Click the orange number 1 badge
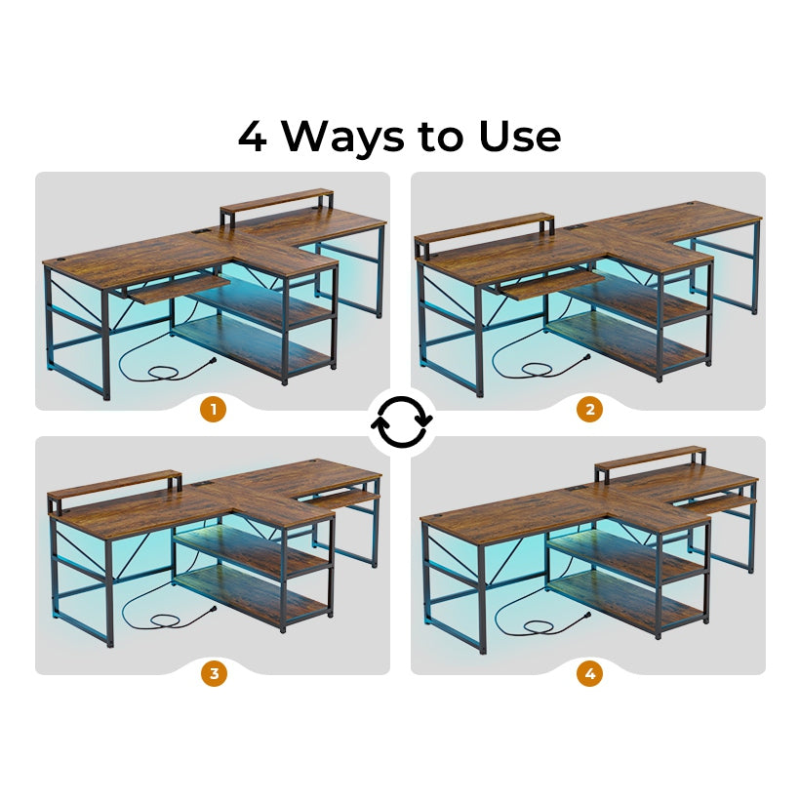tap(214, 409)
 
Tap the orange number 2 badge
tap(590, 409)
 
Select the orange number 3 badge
tap(214, 673)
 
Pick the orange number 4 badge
tap(590, 673)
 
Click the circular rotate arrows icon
tap(402, 421)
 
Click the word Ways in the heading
tap(343, 137)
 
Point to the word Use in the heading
tap(520, 137)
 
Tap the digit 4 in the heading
tap(253, 137)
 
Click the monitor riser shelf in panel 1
tap(277, 202)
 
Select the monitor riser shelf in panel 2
tap(484, 230)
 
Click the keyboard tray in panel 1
tap(177, 288)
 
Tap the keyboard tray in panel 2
tap(551, 284)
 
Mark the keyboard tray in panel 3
tap(342, 499)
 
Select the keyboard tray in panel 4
tap(716, 502)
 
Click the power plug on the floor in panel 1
tap(211, 362)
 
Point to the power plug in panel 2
tap(584, 358)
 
